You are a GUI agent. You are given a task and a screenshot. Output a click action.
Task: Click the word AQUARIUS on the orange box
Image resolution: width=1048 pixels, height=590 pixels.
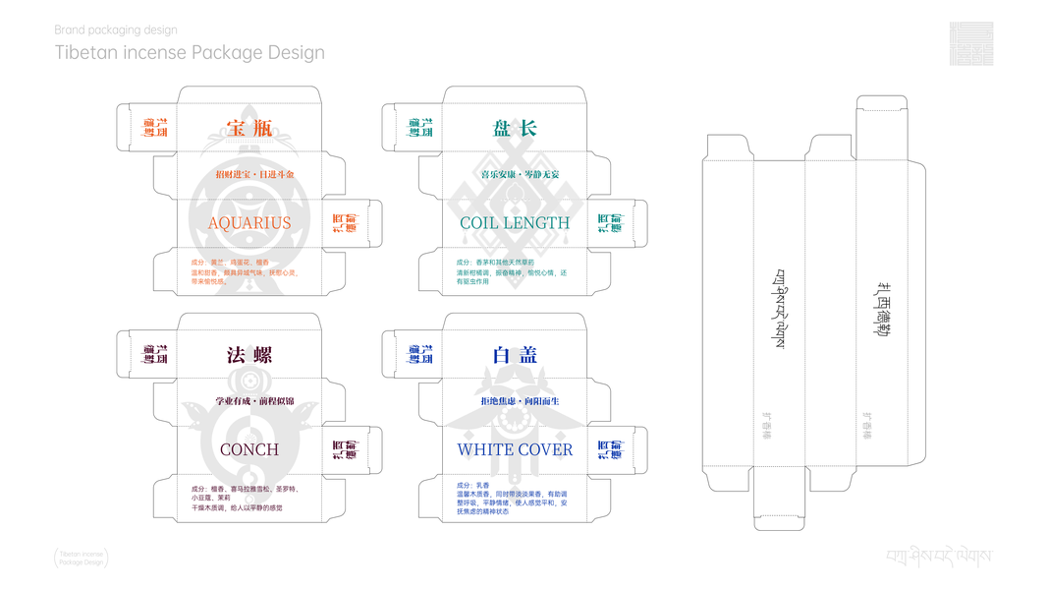click(249, 223)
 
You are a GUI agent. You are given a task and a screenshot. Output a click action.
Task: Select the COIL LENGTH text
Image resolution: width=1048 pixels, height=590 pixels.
click(515, 223)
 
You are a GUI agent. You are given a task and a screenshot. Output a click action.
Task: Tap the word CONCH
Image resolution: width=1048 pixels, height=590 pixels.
click(249, 449)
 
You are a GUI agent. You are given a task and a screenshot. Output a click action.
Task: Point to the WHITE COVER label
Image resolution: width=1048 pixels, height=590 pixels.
click(515, 449)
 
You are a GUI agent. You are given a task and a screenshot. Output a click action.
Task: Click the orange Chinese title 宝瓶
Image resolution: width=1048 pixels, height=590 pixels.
click(249, 128)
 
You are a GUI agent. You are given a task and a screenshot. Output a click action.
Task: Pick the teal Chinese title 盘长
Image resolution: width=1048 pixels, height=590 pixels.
click(515, 128)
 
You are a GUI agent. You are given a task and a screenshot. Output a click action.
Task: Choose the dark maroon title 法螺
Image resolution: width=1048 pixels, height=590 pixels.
click(249, 355)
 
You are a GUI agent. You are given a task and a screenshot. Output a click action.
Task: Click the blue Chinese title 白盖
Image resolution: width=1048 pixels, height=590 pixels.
click(515, 355)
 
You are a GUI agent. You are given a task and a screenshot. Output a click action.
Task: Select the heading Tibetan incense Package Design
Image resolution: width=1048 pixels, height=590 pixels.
click(190, 52)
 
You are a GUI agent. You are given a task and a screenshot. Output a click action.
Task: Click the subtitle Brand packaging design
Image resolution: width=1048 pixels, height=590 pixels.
click(116, 30)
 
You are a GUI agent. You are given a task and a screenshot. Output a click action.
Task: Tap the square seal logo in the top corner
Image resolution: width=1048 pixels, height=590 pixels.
click(970, 43)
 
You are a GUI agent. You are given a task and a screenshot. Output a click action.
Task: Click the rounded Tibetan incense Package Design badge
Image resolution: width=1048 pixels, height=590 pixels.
click(82, 559)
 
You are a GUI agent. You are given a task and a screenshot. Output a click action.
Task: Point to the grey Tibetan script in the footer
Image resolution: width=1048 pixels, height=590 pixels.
click(938, 557)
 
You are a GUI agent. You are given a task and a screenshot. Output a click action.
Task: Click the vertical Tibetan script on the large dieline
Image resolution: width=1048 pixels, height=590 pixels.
click(781, 308)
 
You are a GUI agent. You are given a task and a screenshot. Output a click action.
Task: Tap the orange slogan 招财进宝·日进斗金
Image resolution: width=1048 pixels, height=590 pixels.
click(254, 175)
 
